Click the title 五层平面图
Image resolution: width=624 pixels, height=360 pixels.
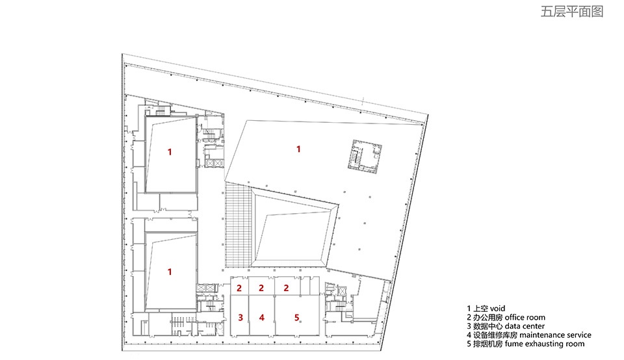click(x=571, y=12)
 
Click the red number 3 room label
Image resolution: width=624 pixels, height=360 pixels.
click(x=240, y=317)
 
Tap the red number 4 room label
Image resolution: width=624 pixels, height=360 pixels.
click(x=261, y=317)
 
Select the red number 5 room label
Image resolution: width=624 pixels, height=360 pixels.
click(x=296, y=317)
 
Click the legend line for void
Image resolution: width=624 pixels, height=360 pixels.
click(x=486, y=308)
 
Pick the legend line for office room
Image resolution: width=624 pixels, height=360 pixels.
click(x=506, y=317)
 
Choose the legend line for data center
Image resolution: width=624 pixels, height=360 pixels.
click(x=506, y=326)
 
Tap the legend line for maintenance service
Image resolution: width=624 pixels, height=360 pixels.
click(x=529, y=335)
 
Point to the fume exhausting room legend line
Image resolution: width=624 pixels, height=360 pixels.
click(x=526, y=344)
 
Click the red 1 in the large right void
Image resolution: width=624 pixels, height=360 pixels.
click(x=298, y=149)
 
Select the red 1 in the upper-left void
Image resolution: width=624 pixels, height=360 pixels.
click(x=170, y=151)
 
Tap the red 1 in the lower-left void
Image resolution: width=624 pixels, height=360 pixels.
click(x=170, y=272)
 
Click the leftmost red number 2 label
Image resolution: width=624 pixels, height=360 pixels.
click(x=239, y=288)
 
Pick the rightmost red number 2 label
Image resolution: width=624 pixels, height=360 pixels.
click(x=286, y=288)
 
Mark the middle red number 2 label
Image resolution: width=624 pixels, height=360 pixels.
click(x=261, y=288)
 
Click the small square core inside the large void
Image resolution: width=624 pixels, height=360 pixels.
click(x=365, y=156)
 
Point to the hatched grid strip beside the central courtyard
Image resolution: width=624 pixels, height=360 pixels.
click(x=239, y=225)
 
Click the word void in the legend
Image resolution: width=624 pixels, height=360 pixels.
click(x=497, y=308)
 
